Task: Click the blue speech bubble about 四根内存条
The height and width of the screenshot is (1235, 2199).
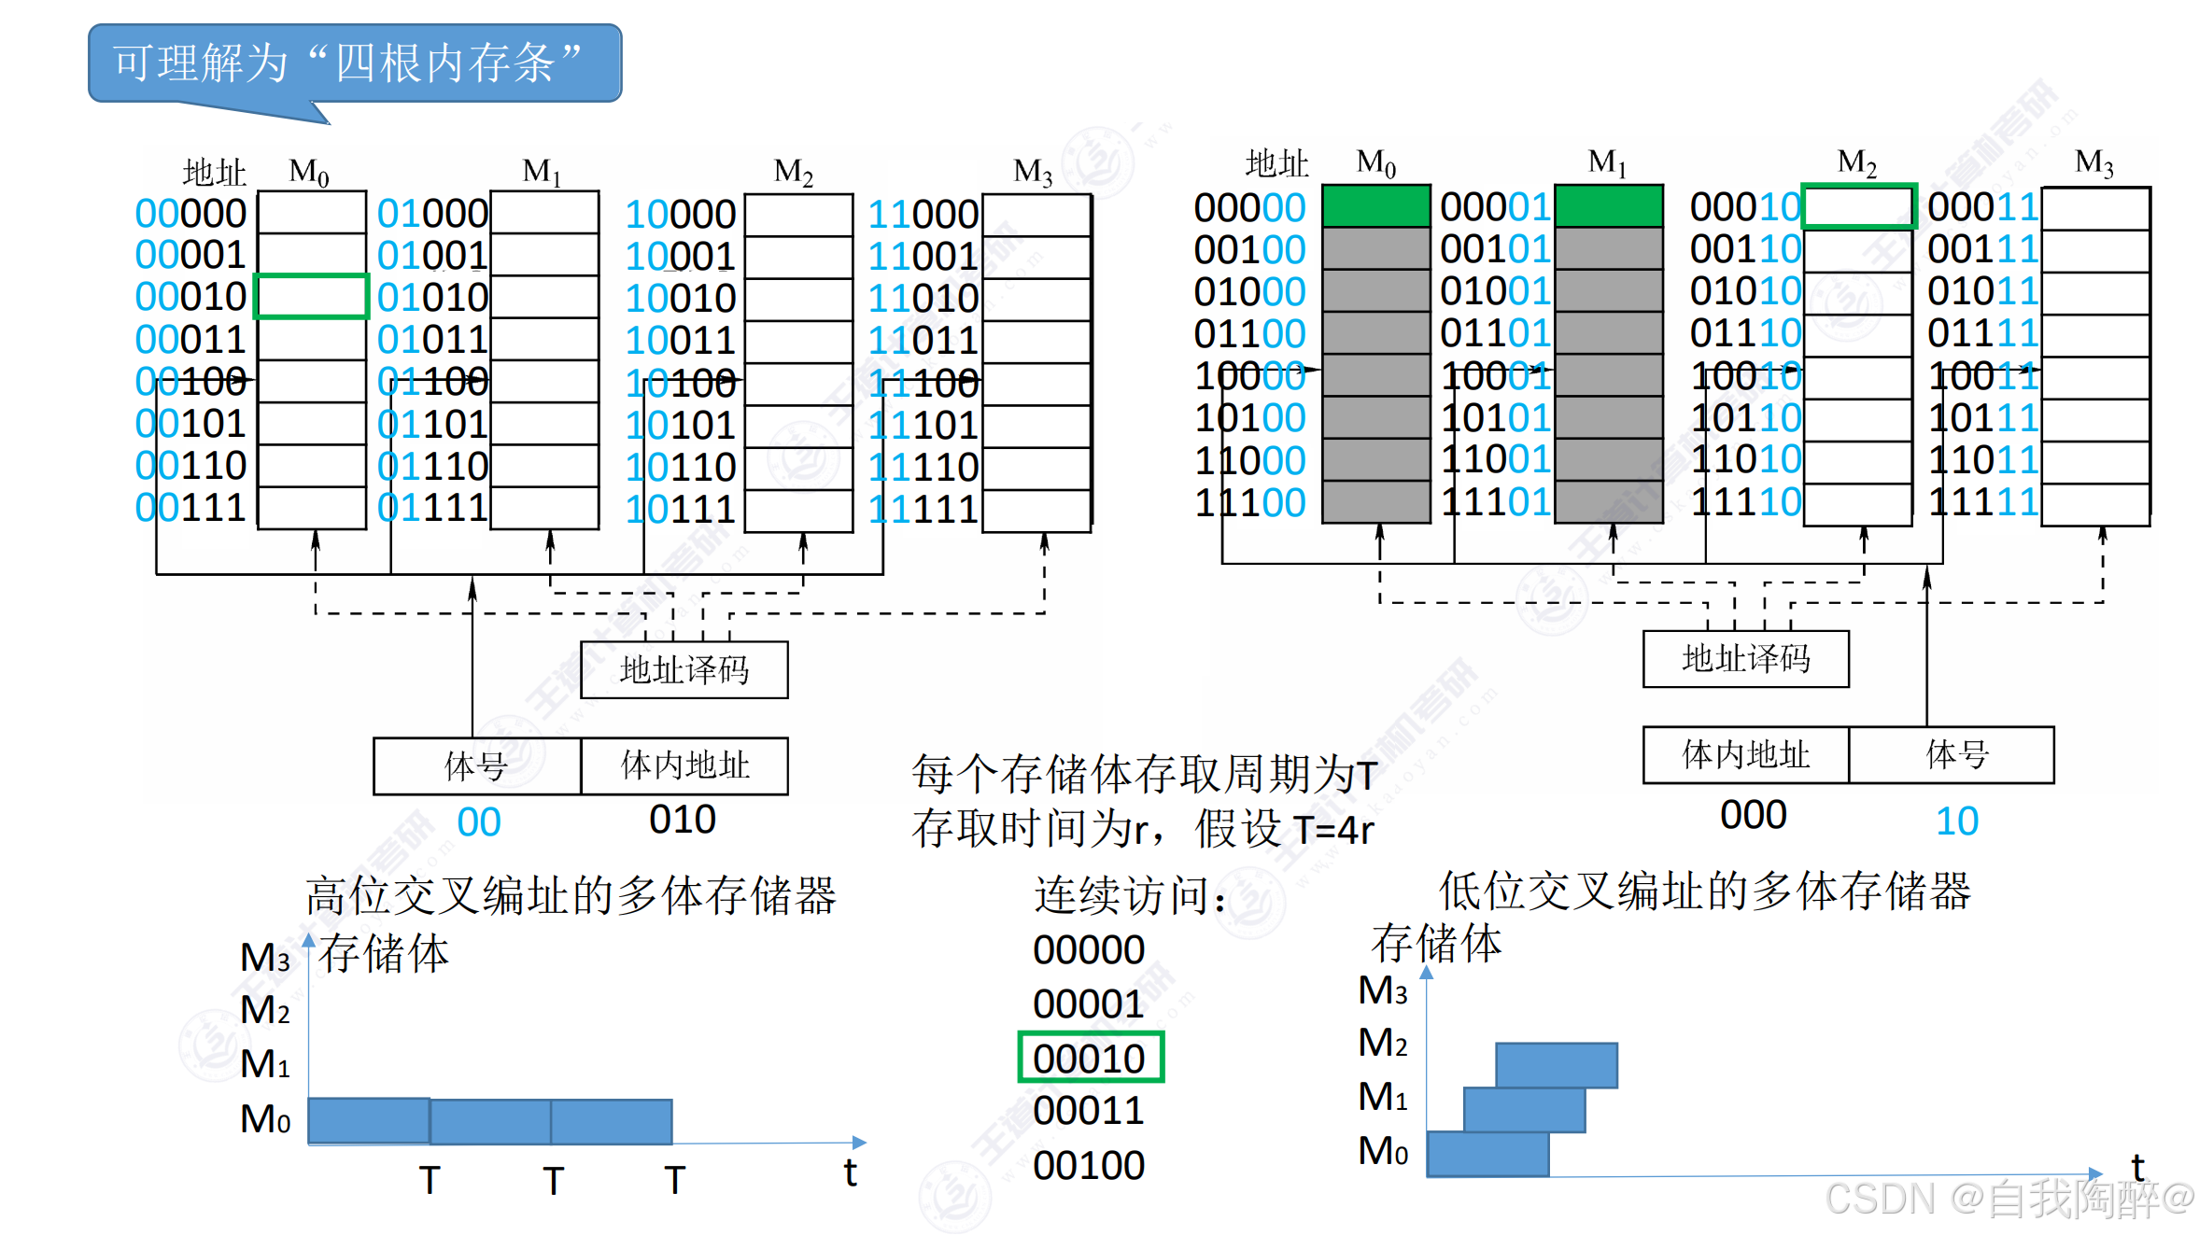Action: pyautogui.click(x=355, y=63)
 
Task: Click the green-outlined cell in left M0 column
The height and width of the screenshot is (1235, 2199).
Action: pyautogui.click(x=312, y=297)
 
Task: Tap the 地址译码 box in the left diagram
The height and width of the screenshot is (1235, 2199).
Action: pyautogui.click(x=684, y=669)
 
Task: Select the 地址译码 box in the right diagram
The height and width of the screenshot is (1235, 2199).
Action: pyautogui.click(x=1745, y=659)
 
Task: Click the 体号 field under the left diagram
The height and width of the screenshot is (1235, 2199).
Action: pyautogui.click(x=477, y=766)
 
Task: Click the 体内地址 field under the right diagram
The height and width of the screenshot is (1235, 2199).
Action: pyautogui.click(x=1745, y=754)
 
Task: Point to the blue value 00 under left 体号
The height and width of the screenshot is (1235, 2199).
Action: pyautogui.click(x=478, y=822)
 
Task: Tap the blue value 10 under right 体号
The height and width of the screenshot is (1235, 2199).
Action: pyautogui.click(x=1956, y=821)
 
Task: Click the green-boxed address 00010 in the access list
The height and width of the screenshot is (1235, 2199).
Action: pyautogui.click(x=1090, y=1059)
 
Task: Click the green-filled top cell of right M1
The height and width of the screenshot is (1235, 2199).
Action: pyautogui.click(x=1609, y=206)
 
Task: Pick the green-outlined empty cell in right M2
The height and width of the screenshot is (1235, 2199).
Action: pyautogui.click(x=1858, y=206)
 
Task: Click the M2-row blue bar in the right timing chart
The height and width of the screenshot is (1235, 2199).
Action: pyautogui.click(x=1556, y=1065)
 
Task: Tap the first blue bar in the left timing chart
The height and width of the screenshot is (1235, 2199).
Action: pyautogui.click(x=369, y=1121)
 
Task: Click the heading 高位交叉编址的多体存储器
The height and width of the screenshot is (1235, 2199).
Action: pyautogui.click(x=571, y=895)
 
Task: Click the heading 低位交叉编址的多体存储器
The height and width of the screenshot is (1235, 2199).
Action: pyautogui.click(x=1704, y=891)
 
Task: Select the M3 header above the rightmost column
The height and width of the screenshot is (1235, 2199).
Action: pyautogui.click(x=2093, y=162)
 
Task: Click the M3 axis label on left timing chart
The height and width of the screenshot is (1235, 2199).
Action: pyautogui.click(x=265, y=958)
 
